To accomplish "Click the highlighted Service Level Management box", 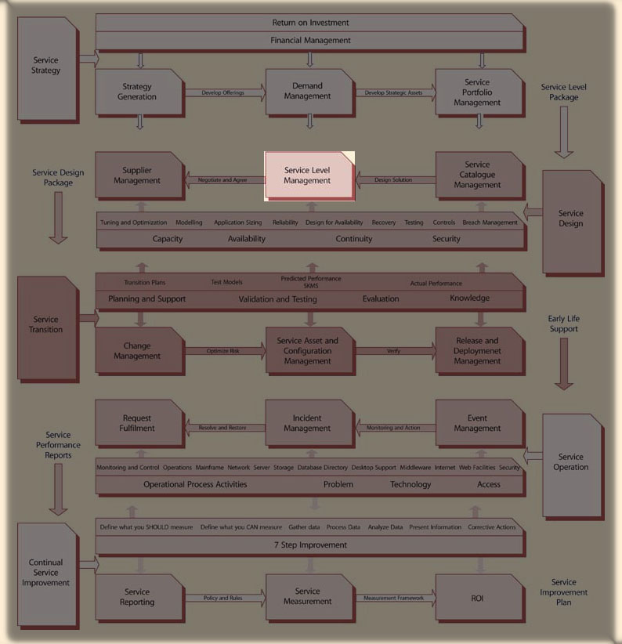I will [x=308, y=175].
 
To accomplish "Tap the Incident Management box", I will [x=308, y=423].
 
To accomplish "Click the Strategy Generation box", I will [x=138, y=92].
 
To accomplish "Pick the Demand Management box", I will [x=308, y=92].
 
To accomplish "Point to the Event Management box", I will [x=478, y=423].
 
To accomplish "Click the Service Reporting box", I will [x=138, y=597].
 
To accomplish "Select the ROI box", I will [x=478, y=597].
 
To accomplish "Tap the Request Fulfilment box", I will [x=138, y=423].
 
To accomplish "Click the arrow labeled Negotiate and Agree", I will [x=222, y=180].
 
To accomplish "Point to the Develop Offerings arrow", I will [x=224, y=92].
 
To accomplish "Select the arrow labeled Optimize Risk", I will [x=224, y=351].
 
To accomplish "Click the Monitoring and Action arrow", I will [x=394, y=428].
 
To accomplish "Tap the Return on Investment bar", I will [x=310, y=23].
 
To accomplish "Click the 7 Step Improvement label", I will [x=310, y=545].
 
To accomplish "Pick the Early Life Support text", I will [x=564, y=324].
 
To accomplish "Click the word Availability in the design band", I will [x=247, y=239].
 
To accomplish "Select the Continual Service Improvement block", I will [x=46, y=572].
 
